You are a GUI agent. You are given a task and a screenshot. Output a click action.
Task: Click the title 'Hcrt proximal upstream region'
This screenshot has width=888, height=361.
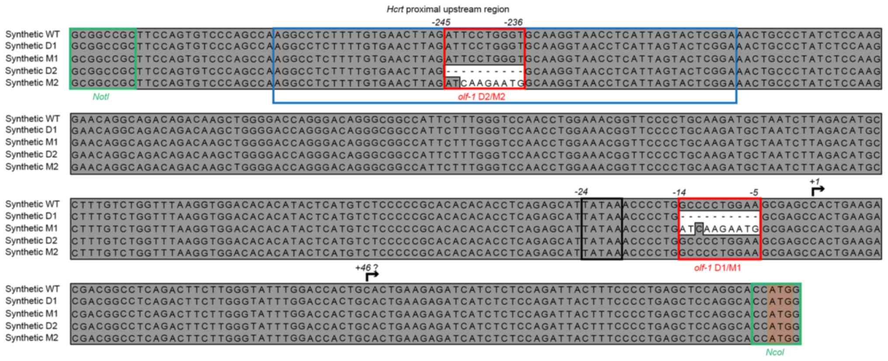click(448, 9)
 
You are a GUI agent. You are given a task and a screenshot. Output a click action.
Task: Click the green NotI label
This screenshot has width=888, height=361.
click(101, 97)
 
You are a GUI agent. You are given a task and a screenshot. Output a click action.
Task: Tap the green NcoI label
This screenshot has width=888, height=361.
click(774, 352)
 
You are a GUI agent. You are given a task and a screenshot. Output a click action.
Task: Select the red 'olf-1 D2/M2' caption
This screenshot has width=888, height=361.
click(481, 97)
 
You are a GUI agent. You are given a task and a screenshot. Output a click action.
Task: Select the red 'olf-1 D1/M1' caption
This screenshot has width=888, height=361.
click(717, 268)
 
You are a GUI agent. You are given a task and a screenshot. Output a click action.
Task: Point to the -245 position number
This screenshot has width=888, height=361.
click(440, 22)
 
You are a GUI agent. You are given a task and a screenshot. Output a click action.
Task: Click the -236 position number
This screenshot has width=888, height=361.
click(513, 22)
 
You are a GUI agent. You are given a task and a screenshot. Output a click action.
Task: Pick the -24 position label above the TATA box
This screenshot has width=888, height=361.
click(581, 191)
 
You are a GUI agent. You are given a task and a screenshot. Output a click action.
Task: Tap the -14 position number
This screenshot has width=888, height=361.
click(679, 192)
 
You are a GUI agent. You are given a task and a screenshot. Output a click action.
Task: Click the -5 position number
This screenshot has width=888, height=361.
click(753, 192)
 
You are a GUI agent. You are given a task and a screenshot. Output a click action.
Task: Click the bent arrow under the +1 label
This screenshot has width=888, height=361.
click(817, 191)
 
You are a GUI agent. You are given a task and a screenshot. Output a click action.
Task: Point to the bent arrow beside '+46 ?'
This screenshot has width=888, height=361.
click(372, 276)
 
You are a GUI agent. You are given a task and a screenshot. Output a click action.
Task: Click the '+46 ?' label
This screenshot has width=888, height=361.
click(366, 268)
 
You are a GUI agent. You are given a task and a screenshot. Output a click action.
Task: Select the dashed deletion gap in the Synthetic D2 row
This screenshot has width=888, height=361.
click(484, 71)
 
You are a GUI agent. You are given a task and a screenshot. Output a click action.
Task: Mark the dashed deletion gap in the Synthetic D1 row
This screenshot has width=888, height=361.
click(719, 216)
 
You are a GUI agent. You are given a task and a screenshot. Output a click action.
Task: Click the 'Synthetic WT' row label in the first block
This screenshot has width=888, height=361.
click(32, 34)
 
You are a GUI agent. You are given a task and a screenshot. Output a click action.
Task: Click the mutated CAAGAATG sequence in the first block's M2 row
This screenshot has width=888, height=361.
click(492, 83)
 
